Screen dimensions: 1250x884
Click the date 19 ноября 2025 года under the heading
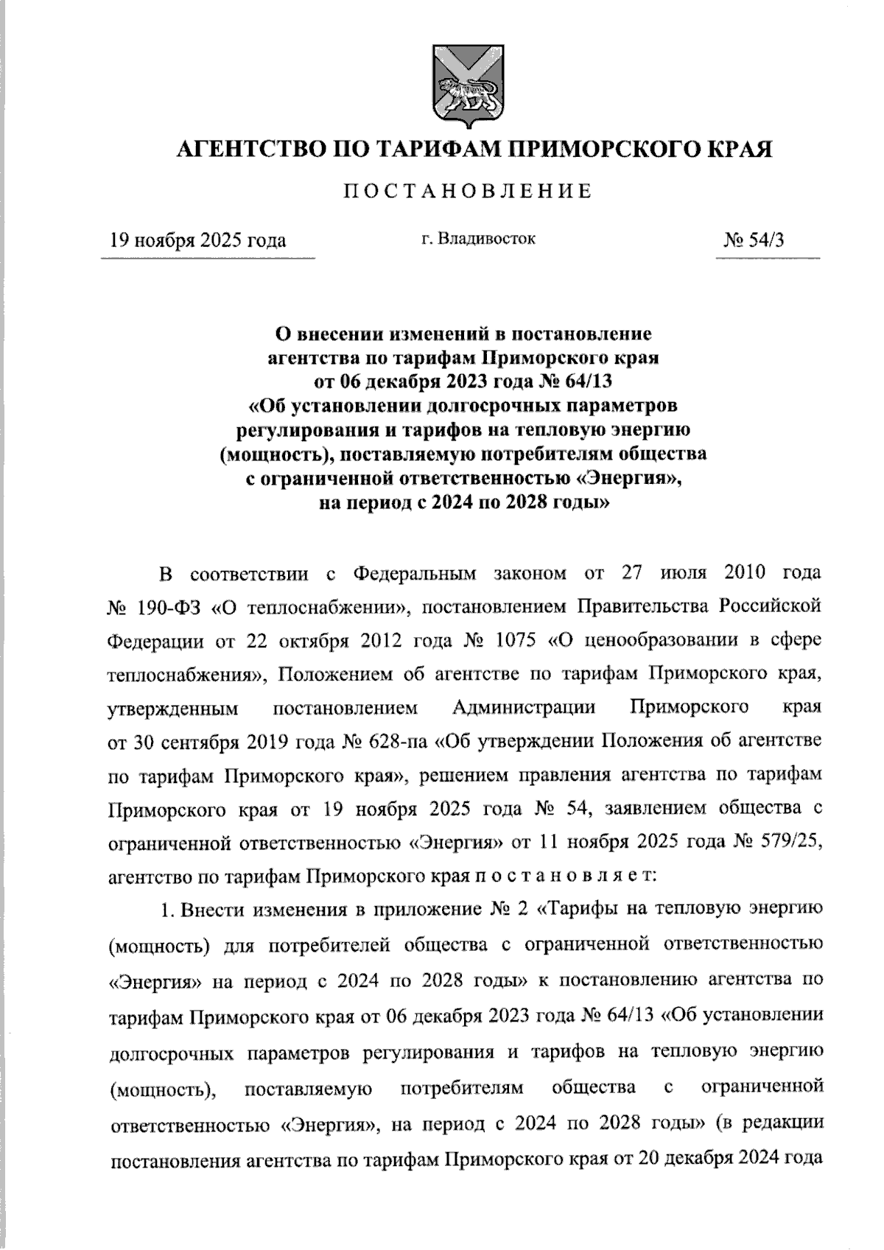197,240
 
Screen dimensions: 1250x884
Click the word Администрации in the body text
524,707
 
